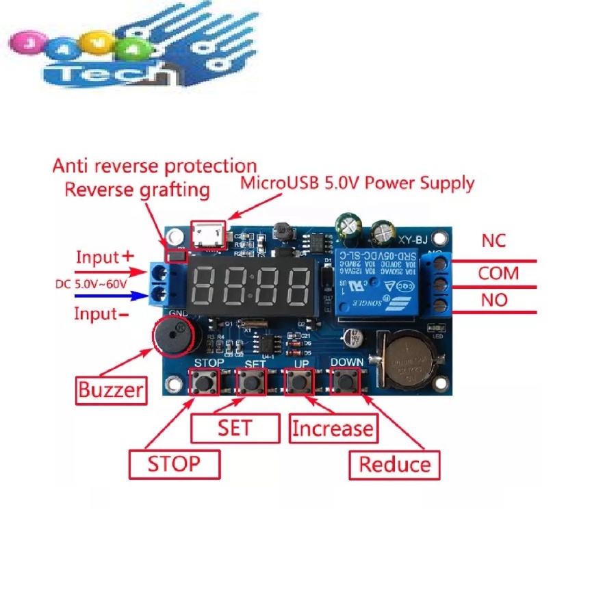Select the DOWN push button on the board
(x=346, y=381)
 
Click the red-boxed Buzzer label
(x=111, y=390)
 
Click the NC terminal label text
(x=493, y=241)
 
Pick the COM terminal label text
(x=498, y=274)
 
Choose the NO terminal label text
(x=494, y=300)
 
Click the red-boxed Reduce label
(x=395, y=465)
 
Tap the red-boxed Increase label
(x=333, y=429)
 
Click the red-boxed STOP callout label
(x=174, y=464)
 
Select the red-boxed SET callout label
(x=235, y=428)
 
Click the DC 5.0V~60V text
(x=91, y=284)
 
